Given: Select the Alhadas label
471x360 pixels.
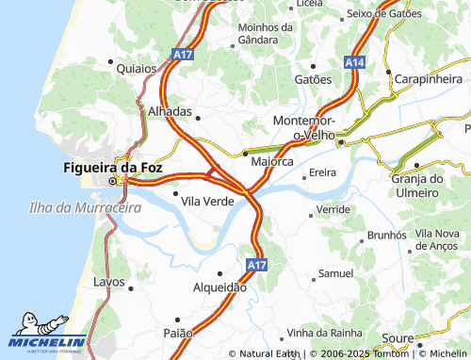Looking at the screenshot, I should pos(170,110).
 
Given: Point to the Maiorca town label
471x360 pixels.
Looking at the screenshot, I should pos(273,162).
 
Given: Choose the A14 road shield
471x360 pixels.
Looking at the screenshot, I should pos(354,61).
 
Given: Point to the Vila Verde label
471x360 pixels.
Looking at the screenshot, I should pos(207,201).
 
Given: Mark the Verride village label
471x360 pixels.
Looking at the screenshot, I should pos(333,209).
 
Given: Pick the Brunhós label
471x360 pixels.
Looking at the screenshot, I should pos(386,234).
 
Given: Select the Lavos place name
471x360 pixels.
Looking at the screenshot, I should pos(109,282).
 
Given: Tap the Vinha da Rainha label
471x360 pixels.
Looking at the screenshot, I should pos(327,333).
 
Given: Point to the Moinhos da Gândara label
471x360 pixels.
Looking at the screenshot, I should pos(271,35).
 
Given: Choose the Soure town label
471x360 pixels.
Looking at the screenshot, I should pos(399,338).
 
